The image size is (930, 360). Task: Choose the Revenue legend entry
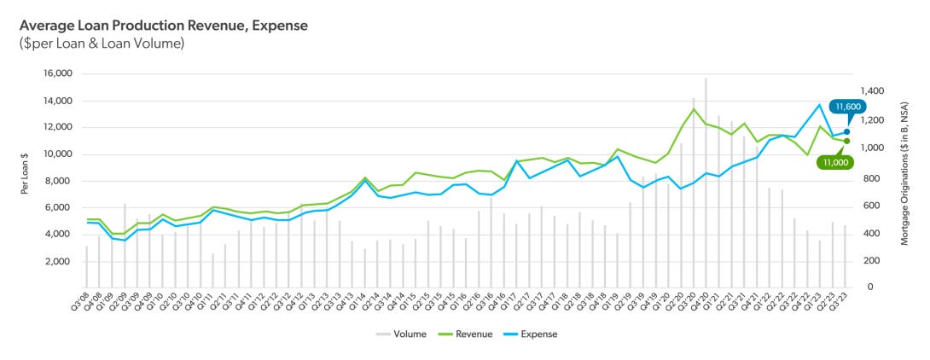468,334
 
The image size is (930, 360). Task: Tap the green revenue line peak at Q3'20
694,109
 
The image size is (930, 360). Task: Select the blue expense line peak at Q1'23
820,105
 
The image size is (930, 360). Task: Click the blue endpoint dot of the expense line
846,132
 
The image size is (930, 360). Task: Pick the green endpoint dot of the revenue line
846,141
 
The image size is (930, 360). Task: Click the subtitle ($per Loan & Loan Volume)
102,44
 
